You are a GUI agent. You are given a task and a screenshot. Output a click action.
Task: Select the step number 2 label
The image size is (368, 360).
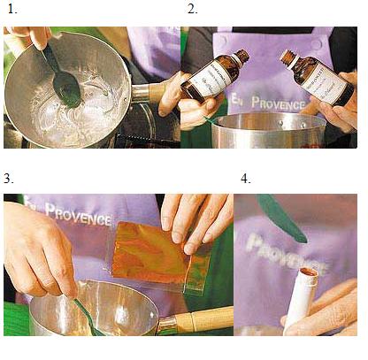point(191,10)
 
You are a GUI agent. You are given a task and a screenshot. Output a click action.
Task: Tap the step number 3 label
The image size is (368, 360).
point(8,179)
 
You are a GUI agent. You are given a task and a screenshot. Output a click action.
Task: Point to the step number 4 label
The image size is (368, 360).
point(245,179)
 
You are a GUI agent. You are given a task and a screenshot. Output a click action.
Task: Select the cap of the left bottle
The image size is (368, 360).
point(241,57)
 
